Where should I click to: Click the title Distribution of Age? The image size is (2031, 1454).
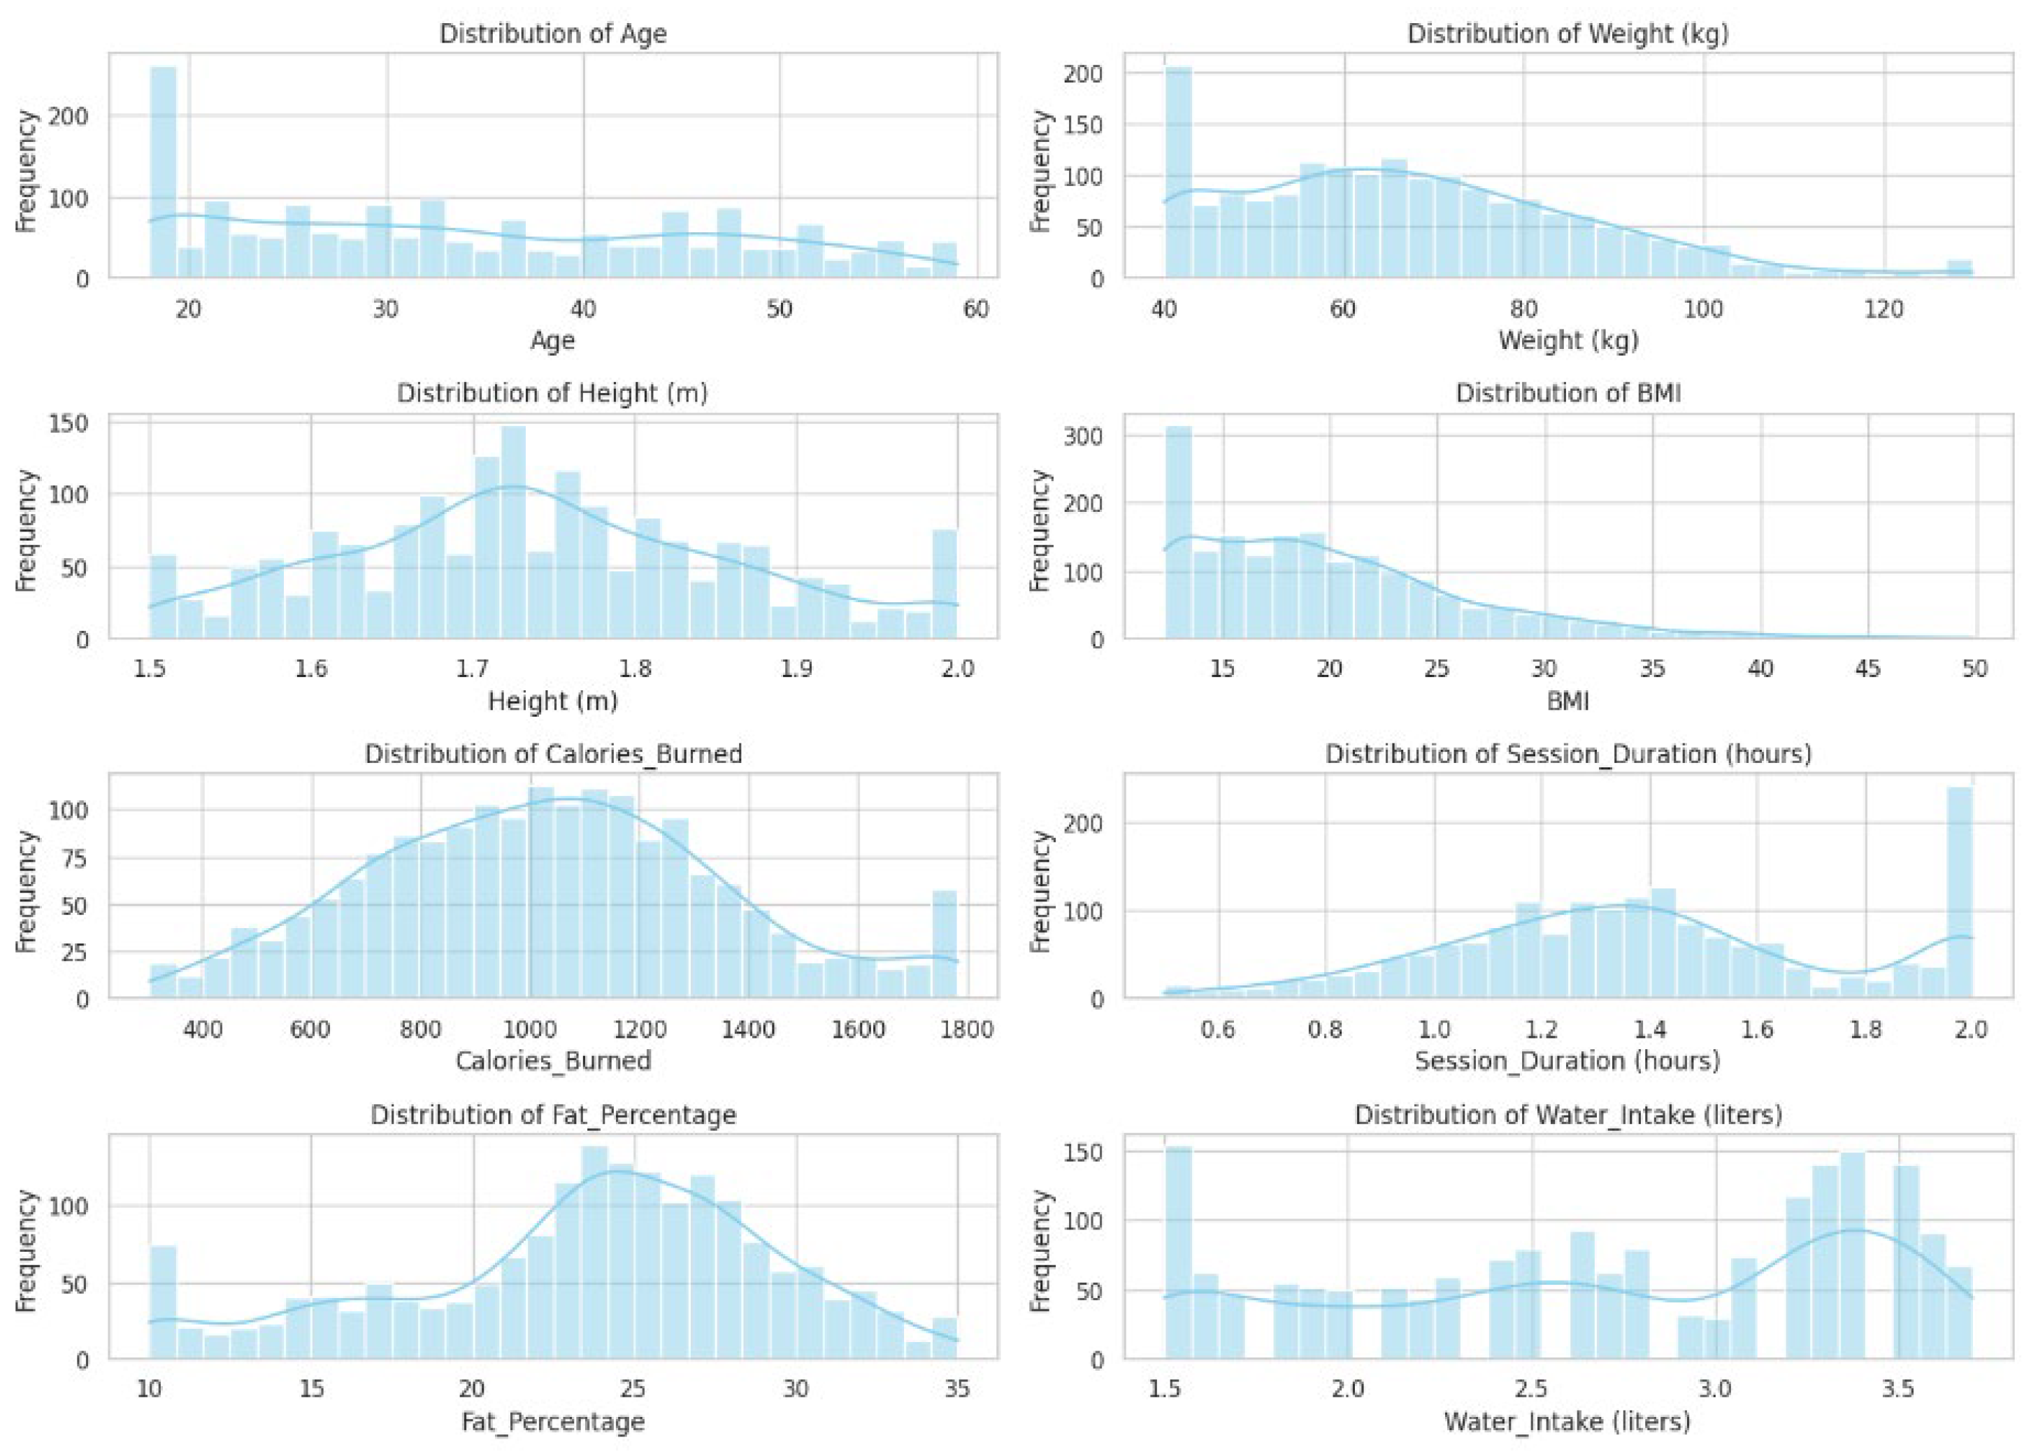coord(552,34)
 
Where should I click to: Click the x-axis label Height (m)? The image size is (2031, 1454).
coord(552,701)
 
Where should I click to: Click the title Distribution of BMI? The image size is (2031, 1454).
coord(1567,394)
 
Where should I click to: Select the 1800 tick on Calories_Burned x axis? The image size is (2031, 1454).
coord(968,1029)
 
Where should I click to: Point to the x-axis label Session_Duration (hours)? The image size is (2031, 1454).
coord(1567,1062)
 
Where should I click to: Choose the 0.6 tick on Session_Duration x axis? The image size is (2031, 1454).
coord(1217,1029)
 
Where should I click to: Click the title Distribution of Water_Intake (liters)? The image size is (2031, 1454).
coord(1567,1116)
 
